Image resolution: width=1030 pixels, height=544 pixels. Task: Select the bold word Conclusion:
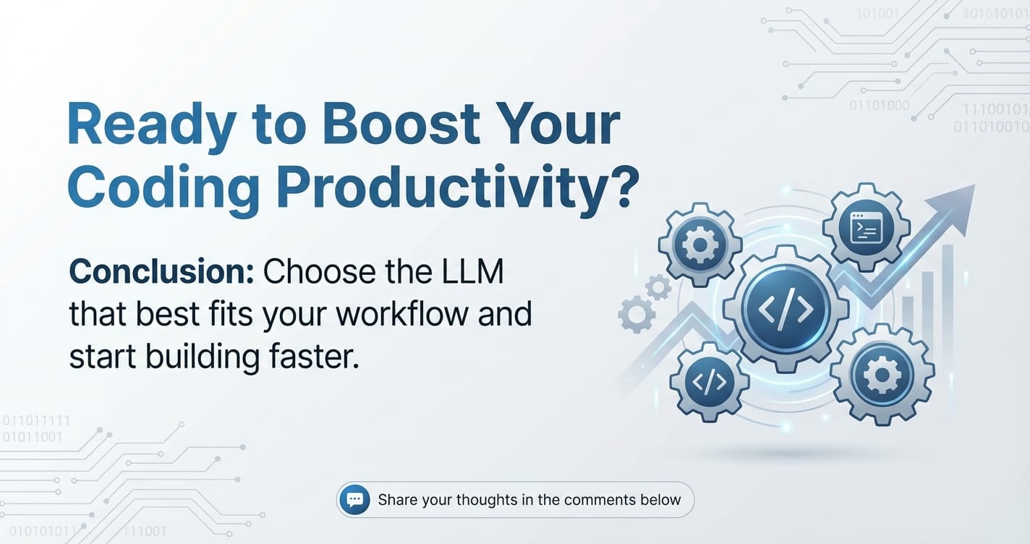pyautogui.click(x=161, y=271)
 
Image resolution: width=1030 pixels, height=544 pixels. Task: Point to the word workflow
pyautogui.click(x=402, y=314)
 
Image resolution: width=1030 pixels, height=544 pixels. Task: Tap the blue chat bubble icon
pyautogui.click(x=354, y=499)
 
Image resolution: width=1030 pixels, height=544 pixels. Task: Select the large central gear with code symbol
pyautogui.click(x=786, y=309)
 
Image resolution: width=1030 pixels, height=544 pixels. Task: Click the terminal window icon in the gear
pyautogui.click(x=867, y=228)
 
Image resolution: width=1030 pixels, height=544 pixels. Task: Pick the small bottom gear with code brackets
pyautogui.click(x=710, y=382)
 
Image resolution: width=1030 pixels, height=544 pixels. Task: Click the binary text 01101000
pyautogui.click(x=879, y=106)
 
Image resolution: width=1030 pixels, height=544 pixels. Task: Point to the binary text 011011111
pyautogui.click(x=36, y=421)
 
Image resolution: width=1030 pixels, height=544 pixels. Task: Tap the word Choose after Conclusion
pyautogui.click(x=318, y=271)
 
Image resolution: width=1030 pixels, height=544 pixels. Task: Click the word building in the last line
pyautogui.click(x=203, y=357)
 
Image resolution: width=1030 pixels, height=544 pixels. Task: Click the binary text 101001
pyautogui.click(x=877, y=14)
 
